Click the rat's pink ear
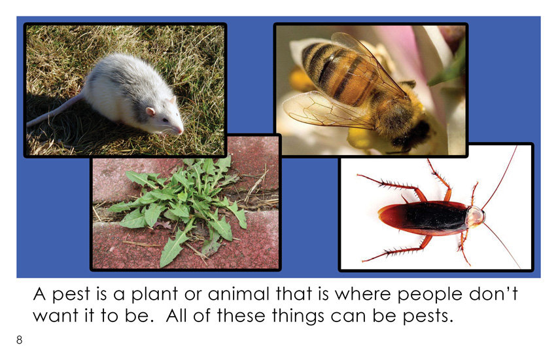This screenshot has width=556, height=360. point(150,112)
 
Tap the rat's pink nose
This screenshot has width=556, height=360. point(181,131)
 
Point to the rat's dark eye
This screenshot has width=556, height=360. point(165,120)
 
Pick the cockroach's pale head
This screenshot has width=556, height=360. point(475,216)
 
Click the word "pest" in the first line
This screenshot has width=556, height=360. point(71,295)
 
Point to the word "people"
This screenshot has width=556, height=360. point(430,295)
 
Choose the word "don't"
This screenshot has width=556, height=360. point(493,294)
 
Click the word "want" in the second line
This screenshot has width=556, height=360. point(56,315)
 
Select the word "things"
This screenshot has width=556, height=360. point(298,316)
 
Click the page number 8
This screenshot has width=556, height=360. point(19,340)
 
